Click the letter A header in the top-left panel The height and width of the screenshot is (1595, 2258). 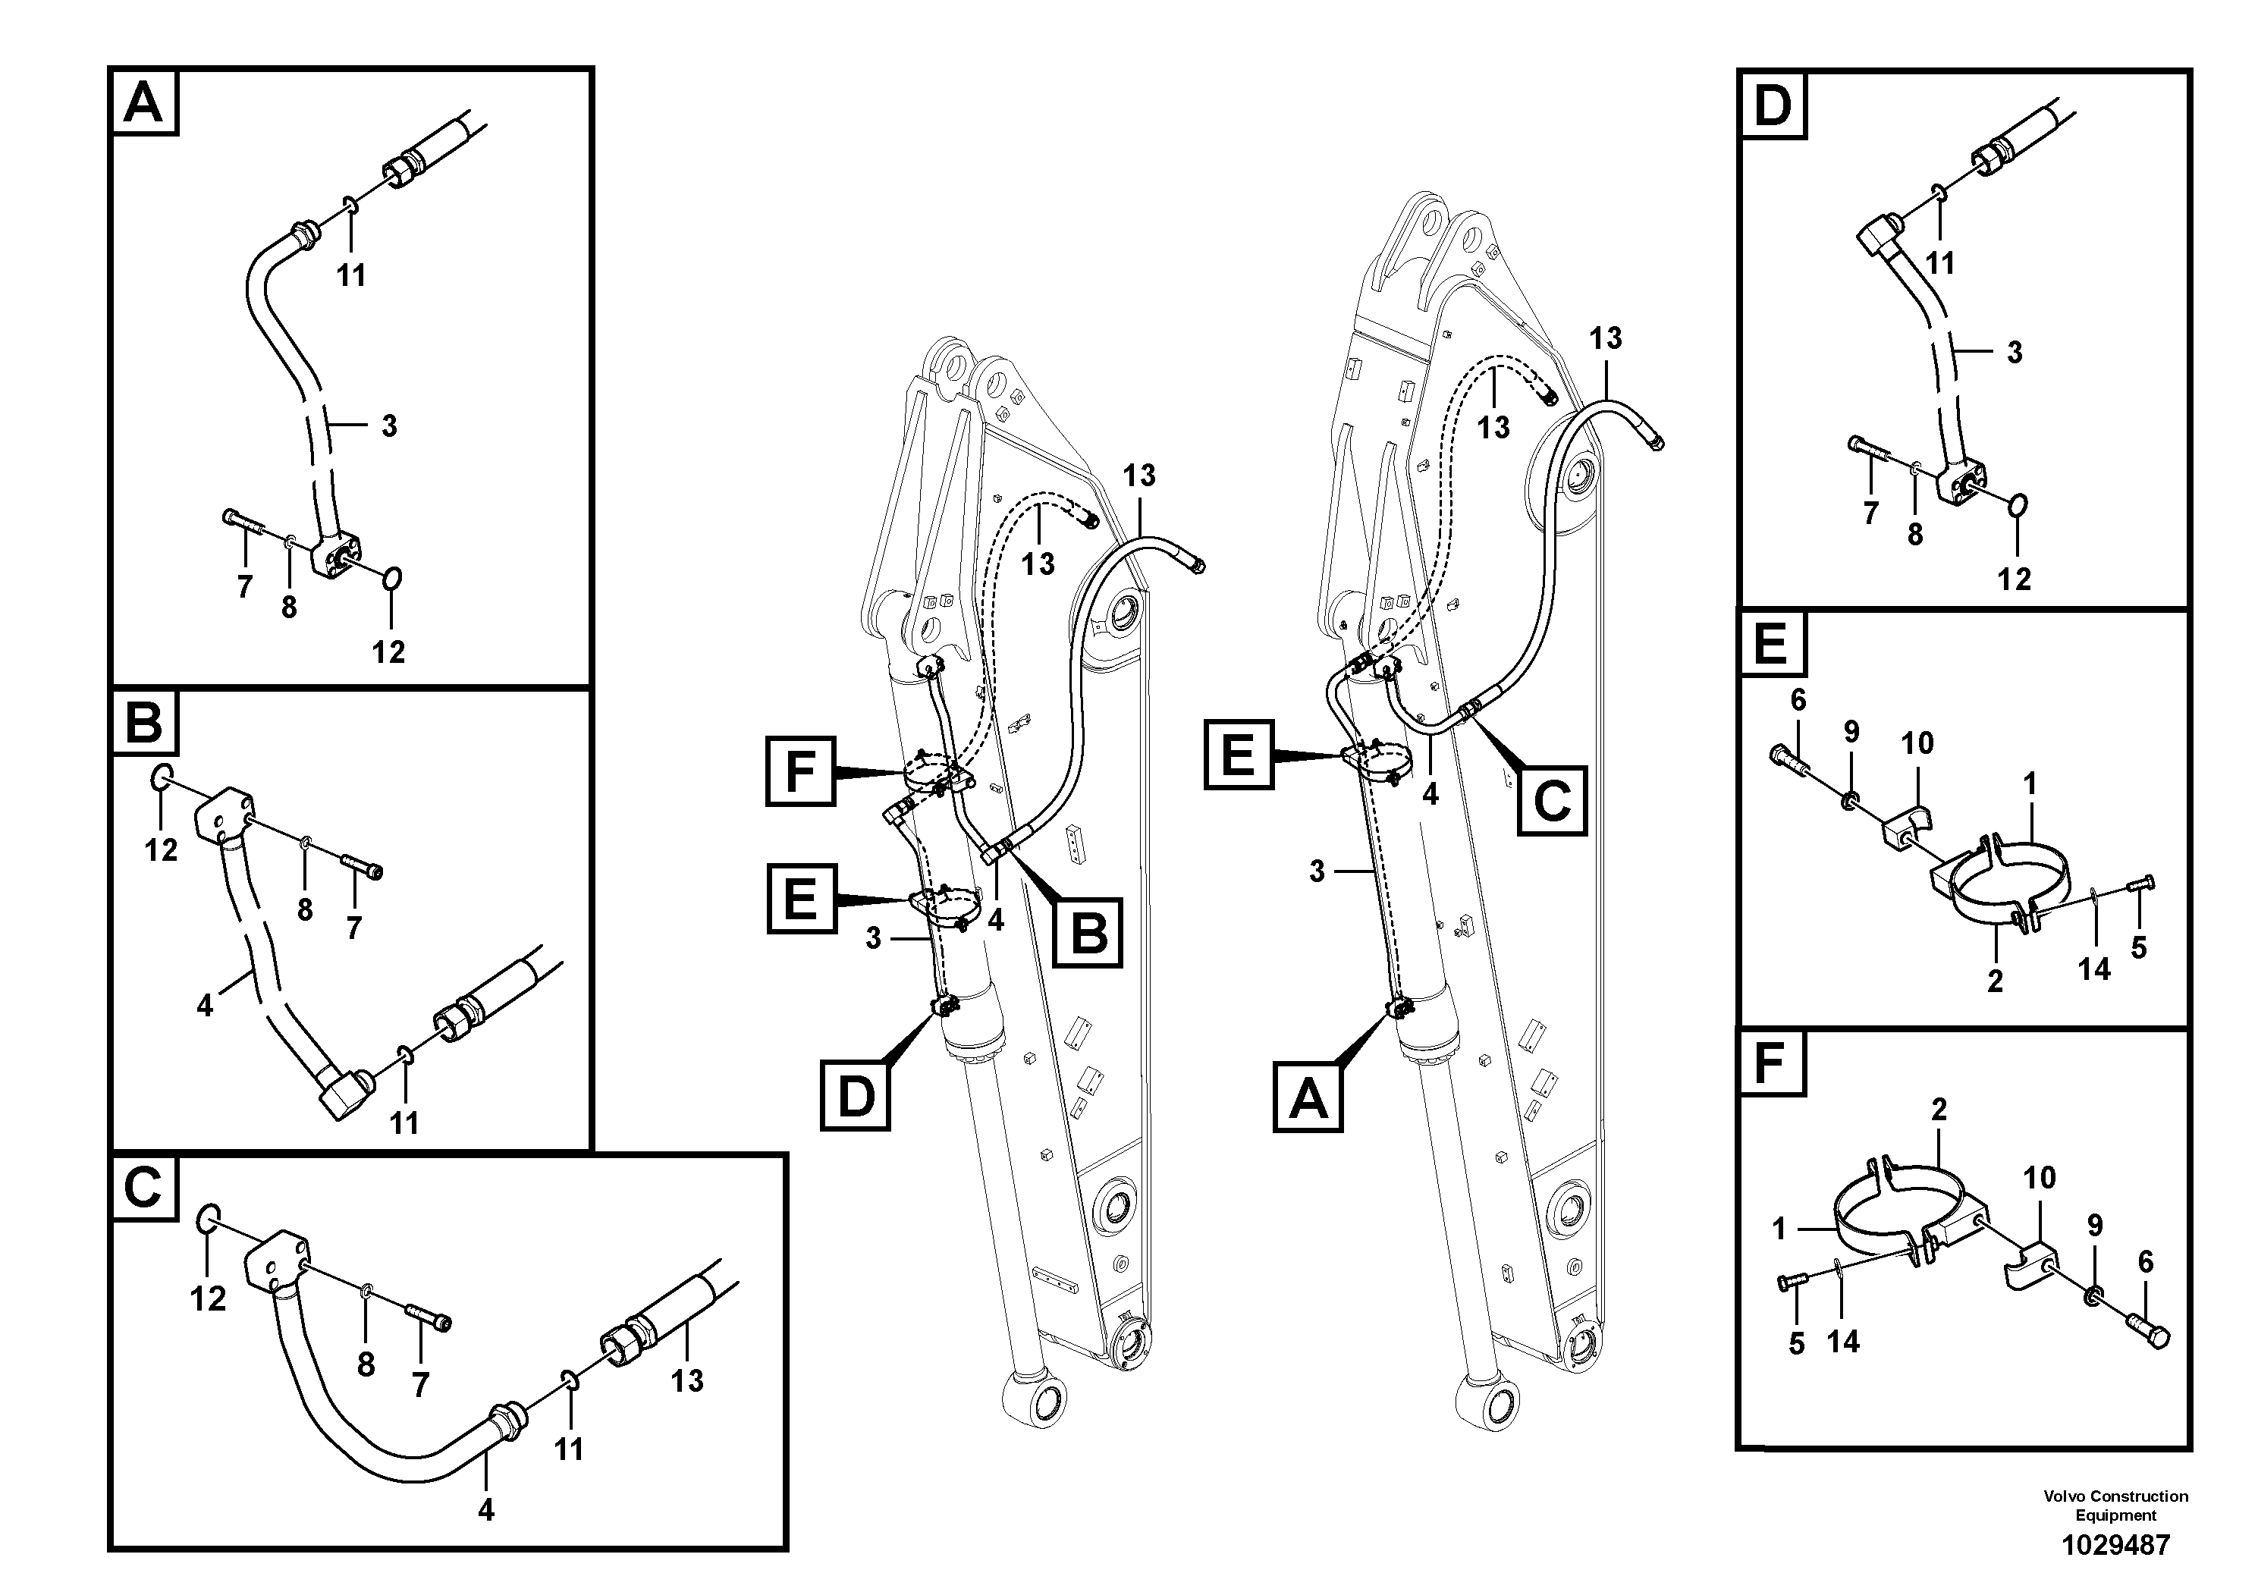[x=145, y=102]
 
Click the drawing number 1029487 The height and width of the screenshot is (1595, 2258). [x=2115, y=1545]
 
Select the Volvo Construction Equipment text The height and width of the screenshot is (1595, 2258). [x=2115, y=1505]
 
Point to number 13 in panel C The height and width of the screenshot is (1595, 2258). [x=686, y=1380]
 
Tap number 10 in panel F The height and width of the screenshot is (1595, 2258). [x=2040, y=1177]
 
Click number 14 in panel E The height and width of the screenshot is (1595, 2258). [x=2093, y=969]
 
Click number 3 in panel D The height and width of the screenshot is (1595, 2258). [x=2014, y=352]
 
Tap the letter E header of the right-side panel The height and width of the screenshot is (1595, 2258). [x=1770, y=646]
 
